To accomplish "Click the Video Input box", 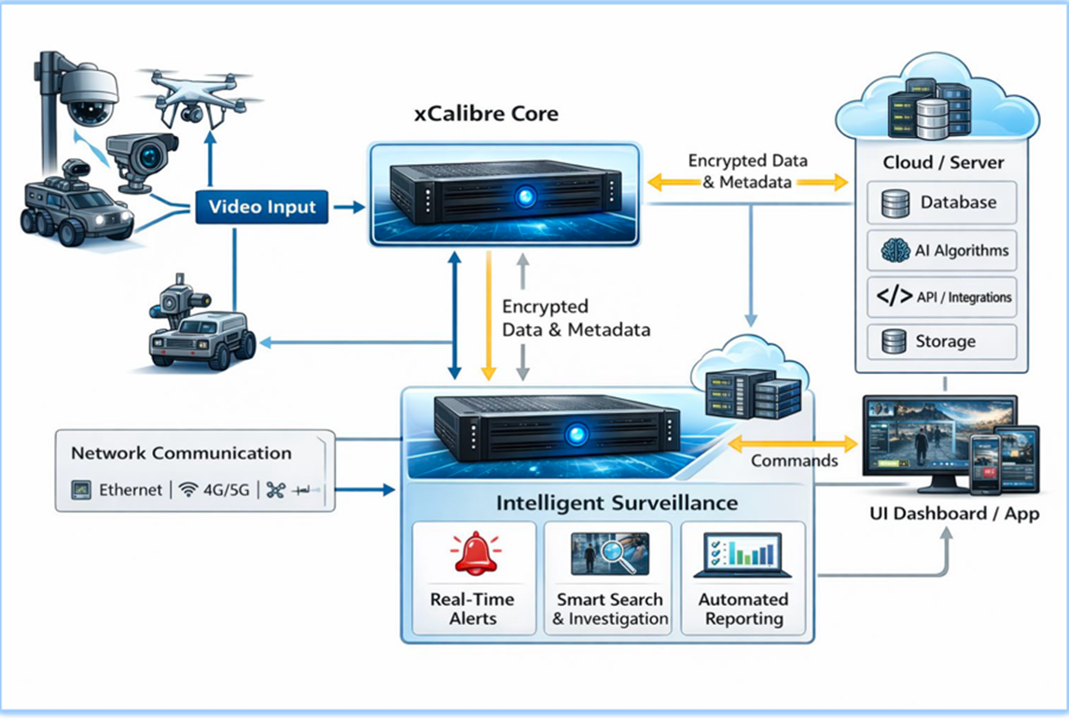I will click(261, 206).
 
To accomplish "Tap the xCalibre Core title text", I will click(486, 115).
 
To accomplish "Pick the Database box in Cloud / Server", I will click(941, 202).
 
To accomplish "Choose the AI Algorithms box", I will click(941, 250).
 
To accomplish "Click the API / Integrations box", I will click(941, 297).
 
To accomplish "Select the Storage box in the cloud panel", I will click(941, 341).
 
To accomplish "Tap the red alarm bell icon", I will click(472, 555).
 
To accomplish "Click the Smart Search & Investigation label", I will click(609, 609).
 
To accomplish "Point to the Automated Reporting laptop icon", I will click(743, 556).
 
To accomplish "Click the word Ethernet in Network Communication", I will click(131, 490).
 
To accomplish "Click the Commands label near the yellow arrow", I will click(794, 461).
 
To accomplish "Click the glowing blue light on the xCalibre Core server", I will click(526, 197).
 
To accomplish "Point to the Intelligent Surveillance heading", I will click(617, 504).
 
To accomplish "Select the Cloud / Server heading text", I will click(943, 162).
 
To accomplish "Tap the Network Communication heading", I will click(181, 453).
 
